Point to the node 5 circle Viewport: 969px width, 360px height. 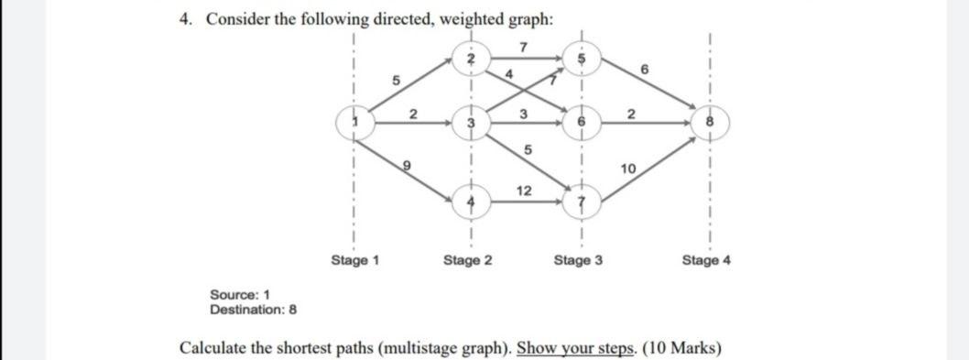coord(579,58)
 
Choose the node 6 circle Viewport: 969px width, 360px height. coord(579,122)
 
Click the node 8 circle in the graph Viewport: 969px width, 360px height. coord(707,122)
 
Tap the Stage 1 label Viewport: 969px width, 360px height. coord(354,260)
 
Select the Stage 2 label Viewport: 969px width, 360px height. coord(467,260)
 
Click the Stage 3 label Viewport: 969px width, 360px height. coord(578,260)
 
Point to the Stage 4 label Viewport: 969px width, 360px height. coord(706,260)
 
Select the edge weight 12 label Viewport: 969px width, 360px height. coord(524,190)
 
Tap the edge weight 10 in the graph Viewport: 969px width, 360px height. coord(627,169)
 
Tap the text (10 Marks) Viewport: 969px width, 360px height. coord(680,348)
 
